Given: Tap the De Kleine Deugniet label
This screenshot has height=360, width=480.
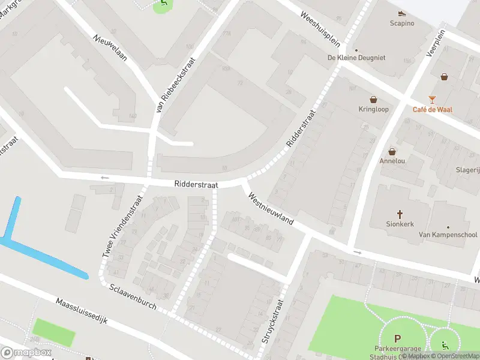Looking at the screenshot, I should [x=356, y=58].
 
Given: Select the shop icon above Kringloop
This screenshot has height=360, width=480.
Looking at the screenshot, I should [x=373, y=99].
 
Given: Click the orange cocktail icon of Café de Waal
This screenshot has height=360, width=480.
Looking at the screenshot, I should [x=432, y=99].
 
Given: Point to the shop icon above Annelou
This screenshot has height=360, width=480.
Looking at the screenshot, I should [x=392, y=152].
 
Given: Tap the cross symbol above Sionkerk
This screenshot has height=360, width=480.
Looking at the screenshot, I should [x=400, y=214].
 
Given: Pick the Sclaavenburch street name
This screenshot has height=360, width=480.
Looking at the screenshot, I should [x=133, y=296].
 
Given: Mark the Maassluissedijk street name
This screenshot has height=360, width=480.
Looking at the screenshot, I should [x=82, y=311].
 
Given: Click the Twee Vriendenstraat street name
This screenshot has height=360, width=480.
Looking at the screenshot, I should [x=123, y=227].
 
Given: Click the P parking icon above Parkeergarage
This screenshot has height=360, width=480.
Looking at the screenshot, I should [x=397, y=338].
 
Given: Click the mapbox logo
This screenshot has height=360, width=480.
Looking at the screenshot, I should [x=26, y=352].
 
